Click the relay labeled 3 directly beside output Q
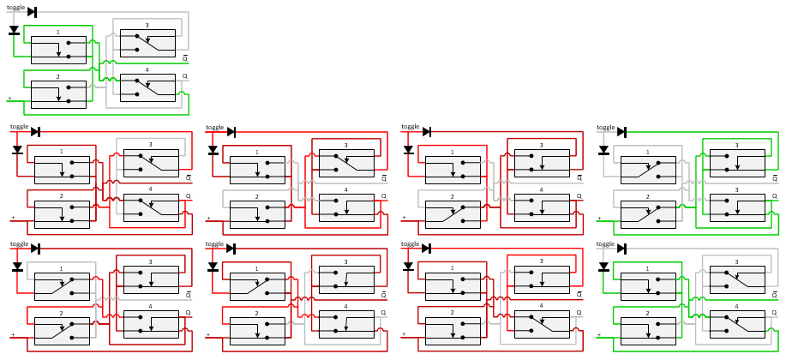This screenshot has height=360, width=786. pos(736,207)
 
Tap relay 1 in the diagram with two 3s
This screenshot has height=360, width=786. pos(648,170)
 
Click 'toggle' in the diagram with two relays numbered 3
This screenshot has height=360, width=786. pos(606,127)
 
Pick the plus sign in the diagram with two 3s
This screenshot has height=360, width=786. pos(599,218)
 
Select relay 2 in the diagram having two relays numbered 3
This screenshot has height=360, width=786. pos(648,214)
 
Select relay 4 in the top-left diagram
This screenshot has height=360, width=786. pos(147,87)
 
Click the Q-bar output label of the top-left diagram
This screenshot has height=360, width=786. pos(185,57)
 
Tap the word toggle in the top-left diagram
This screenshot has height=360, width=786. pos(16,8)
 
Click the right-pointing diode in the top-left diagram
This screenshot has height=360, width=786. pos(32,12)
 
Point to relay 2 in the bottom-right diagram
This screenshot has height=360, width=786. pos(648,331)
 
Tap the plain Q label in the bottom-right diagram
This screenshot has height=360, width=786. pos(774,313)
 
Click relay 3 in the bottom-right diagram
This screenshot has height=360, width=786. pos(736,279)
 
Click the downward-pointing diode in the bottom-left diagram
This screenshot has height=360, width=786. pos(17,267)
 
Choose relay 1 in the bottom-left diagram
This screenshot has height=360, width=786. pos(62,286)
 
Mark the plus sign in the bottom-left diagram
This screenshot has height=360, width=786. pos(13,334)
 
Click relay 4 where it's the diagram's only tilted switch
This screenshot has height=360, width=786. pos(542,324)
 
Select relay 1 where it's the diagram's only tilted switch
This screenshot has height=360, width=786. pos(257,286)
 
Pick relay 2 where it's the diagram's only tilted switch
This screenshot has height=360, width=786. pos(453,214)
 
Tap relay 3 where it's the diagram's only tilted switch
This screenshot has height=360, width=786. pos(346,163)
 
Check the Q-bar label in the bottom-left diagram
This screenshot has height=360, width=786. pos(189,294)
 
